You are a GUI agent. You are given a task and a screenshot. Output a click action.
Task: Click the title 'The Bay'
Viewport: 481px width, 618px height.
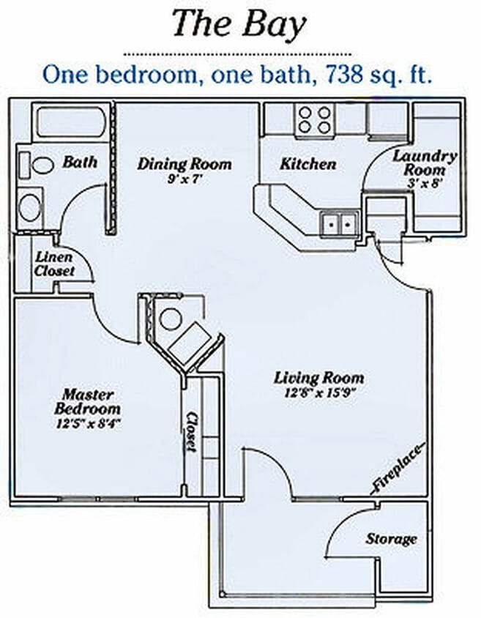(x=239, y=26)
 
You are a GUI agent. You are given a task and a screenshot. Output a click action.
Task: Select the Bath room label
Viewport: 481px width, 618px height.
(x=80, y=162)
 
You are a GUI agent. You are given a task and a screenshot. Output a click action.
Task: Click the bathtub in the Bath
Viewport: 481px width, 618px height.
(x=70, y=122)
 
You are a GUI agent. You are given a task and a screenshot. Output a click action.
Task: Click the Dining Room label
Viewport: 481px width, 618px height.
(x=184, y=163)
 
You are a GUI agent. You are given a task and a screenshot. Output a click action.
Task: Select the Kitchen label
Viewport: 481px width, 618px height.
(x=307, y=164)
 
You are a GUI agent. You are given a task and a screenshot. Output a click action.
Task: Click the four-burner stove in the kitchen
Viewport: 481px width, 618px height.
(x=314, y=119)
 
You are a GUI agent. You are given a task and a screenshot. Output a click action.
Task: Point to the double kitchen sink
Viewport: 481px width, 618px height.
(x=339, y=222)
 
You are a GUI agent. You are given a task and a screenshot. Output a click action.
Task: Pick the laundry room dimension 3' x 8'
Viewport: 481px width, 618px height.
(x=425, y=184)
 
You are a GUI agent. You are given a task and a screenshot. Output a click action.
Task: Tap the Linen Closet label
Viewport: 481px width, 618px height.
(x=54, y=264)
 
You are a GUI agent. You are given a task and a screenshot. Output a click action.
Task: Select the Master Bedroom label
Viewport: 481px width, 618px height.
(x=87, y=401)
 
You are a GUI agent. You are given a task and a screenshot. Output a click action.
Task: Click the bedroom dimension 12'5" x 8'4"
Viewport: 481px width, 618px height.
(x=87, y=423)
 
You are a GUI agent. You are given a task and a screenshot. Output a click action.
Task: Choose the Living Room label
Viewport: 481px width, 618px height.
(x=318, y=378)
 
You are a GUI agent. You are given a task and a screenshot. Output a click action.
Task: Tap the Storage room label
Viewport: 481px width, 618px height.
(x=391, y=539)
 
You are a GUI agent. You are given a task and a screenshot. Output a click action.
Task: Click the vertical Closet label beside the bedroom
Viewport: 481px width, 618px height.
(x=192, y=432)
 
